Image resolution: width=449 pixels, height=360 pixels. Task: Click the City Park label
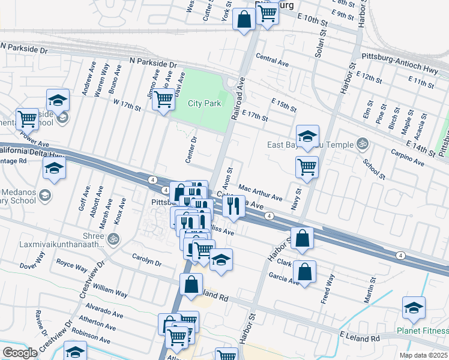tap(204, 103)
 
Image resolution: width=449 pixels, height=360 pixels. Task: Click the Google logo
tap(20, 353)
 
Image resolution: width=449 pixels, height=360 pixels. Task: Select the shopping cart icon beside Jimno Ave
tap(163, 100)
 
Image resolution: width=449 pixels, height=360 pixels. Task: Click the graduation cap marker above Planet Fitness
tap(414, 308)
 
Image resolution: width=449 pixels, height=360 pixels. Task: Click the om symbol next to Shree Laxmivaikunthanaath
tap(113, 239)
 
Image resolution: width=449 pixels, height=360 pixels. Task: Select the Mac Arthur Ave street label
tap(261, 193)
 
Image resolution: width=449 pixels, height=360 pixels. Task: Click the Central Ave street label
tap(272, 61)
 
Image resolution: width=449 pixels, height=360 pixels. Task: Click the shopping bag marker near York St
tap(244, 19)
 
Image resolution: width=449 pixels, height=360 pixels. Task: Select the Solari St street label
tap(319, 42)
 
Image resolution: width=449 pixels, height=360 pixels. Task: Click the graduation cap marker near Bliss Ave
tap(221, 260)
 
